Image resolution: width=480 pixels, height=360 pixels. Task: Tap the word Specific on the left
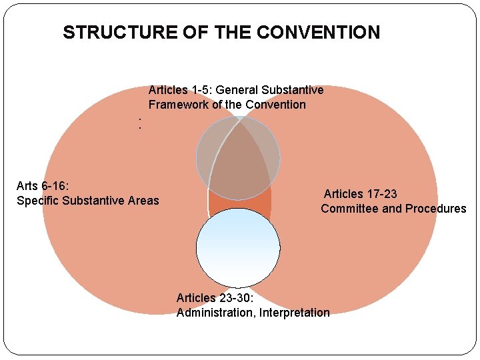[37, 201]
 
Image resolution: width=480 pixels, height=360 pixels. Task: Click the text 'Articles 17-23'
[360, 194]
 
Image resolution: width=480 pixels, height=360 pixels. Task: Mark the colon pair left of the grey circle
[139, 123]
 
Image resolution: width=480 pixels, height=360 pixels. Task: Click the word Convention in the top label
[275, 105]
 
